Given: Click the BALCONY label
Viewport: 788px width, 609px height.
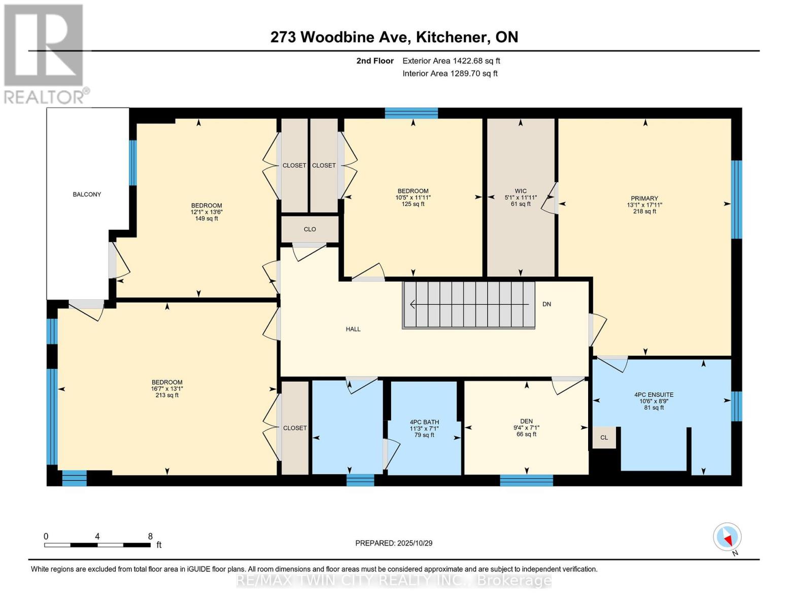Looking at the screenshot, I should click(x=87, y=194).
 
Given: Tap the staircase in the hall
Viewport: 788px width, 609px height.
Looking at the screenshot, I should click(x=468, y=305).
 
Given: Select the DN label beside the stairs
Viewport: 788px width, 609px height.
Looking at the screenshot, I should click(x=546, y=304).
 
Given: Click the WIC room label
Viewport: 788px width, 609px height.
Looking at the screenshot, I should click(x=521, y=191).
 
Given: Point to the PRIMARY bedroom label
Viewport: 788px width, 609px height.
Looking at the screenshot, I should click(x=644, y=198).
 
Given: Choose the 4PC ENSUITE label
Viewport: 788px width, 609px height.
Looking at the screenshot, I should click(x=654, y=395).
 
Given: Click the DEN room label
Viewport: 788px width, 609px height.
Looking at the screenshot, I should click(x=526, y=421).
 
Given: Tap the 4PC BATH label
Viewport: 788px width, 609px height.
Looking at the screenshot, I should click(x=424, y=422).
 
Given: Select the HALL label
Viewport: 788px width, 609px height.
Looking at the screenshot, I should click(x=353, y=329).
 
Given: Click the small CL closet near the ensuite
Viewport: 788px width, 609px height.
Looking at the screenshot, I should click(x=604, y=437).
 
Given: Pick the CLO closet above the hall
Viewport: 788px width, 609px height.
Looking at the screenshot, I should click(x=310, y=229).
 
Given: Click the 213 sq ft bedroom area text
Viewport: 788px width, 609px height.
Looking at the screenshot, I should click(x=167, y=395).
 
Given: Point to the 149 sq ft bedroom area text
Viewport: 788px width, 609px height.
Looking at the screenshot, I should click(x=207, y=219).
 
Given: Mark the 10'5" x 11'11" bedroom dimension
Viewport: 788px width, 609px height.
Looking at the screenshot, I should click(x=413, y=198).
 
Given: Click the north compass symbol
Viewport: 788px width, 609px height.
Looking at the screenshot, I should click(x=727, y=537).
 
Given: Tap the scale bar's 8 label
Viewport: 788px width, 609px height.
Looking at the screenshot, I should click(x=150, y=536).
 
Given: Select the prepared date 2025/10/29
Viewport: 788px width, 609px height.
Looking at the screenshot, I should click(x=394, y=543).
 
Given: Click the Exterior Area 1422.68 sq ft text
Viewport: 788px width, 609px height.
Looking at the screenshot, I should click(x=451, y=61).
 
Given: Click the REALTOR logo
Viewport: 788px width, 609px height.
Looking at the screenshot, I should click(x=44, y=53).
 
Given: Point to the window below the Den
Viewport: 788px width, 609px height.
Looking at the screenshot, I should click(x=526, y=480).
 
